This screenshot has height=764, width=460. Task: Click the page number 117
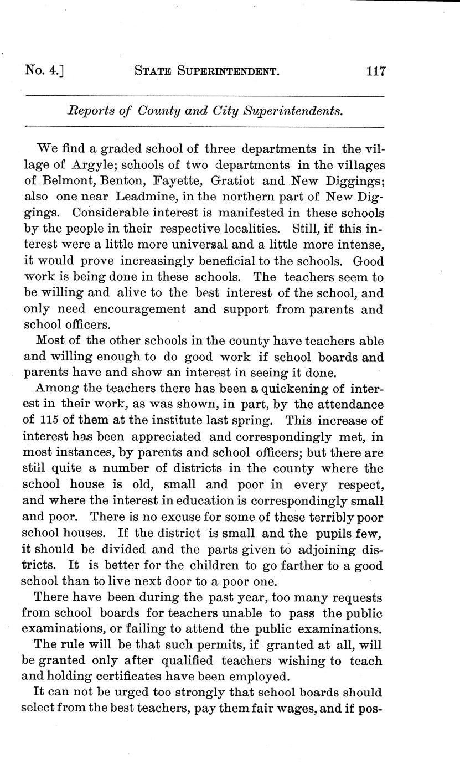point(375,71)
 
